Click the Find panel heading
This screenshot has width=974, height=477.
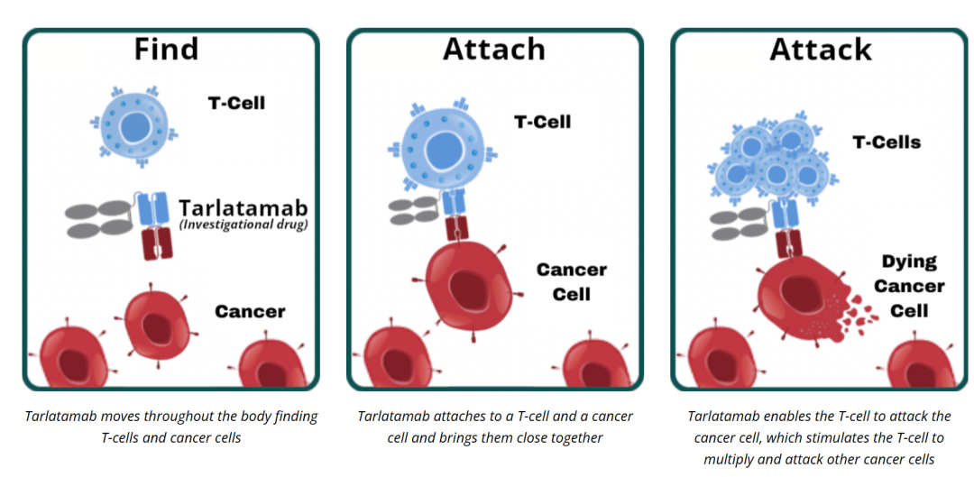coord(166,49)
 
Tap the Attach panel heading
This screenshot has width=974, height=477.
coord(493,49)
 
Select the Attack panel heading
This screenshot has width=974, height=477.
coord(820,49)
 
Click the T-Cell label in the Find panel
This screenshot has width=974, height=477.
coord(236,103)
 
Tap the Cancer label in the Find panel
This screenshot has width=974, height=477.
coord(250,312)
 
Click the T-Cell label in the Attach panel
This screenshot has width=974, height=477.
coord(542,121)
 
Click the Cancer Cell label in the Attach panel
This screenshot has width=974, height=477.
coord(571,281)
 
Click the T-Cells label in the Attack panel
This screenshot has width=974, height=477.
coord(887,142)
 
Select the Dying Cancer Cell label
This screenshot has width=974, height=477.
coord(909,286)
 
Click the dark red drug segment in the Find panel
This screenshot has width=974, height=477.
coord(155,243)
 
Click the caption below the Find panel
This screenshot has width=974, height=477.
coord(170,427)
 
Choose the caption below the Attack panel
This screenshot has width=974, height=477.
coord(819,436)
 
